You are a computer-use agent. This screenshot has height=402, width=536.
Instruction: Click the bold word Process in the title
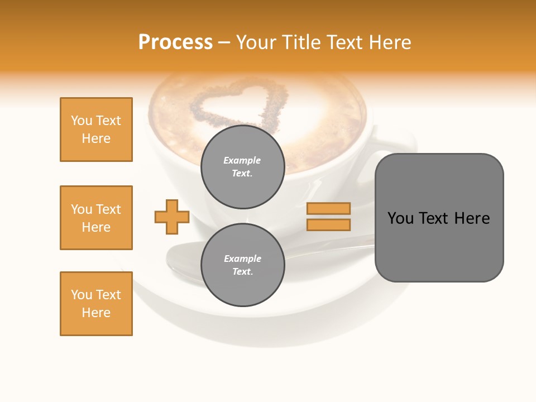point(175,42)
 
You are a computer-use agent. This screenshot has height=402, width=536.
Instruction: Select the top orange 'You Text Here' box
point(96,130)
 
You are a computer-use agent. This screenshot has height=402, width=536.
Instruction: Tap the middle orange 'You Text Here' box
point(96,218)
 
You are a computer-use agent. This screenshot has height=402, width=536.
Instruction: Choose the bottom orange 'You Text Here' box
point(96,304)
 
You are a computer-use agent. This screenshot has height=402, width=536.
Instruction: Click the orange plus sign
point(172,217)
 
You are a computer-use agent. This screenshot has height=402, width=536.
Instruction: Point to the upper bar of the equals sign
point(328,208)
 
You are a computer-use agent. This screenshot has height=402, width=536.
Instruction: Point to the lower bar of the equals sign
point(328,224)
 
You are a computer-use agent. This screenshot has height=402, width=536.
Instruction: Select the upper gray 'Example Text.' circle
point(242,166)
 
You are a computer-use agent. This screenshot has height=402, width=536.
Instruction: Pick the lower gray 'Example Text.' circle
point(242,265)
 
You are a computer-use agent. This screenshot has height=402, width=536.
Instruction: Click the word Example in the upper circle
point(242,160)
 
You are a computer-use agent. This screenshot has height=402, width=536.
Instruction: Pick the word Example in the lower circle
point(242,259)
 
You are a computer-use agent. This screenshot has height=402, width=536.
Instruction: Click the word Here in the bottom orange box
point(96,313)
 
